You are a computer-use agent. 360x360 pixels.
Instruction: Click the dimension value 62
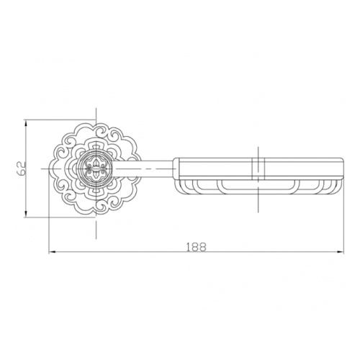pyautogui.click(x=22, y=168)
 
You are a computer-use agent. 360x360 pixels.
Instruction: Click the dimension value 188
pyautogui.click(x=197, y=247)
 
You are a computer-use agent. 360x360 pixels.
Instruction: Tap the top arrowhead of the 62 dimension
pyautogui.click(x=26, y=123)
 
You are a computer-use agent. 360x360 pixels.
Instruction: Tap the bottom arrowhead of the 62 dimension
pyautogui.click(x=26, y=214)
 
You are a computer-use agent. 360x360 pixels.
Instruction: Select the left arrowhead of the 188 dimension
pyautogui.click(x=53, y=252)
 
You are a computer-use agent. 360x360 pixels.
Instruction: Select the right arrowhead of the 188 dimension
pyautogui.click(x=340, y=252)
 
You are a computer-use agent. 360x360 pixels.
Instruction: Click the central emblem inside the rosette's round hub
pyautogui.click(x=96, y=169)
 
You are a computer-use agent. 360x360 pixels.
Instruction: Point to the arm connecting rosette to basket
pyautogui.click(x=145, y=169)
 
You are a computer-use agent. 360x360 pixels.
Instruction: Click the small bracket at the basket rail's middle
pyautogui.click(x=258, y=168)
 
